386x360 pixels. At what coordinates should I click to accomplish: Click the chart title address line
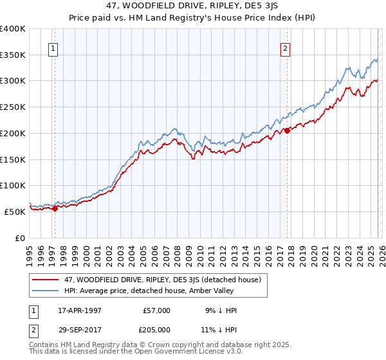(193, 5)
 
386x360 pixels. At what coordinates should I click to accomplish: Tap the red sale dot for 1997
(55, 208)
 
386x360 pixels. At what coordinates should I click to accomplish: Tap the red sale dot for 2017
(287, 130)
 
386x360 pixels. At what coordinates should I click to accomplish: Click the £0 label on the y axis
(19, 238)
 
